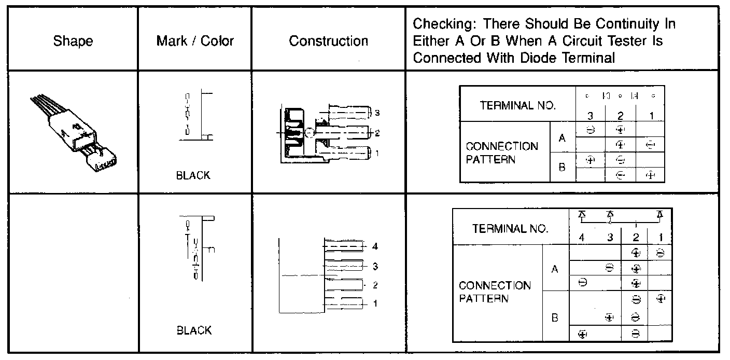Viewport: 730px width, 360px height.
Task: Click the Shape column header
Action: (73, 41)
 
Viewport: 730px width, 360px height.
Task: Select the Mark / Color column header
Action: (195, 41)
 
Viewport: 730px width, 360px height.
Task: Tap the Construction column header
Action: (329, 41)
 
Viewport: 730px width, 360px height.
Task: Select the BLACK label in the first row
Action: (193, 175)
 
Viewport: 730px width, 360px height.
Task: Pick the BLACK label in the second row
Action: (193, 330)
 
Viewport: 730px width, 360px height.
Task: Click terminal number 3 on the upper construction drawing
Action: (377, 113)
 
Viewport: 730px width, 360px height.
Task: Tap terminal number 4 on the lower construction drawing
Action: (375, 246)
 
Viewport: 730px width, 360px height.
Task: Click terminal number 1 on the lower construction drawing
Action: (375, 303)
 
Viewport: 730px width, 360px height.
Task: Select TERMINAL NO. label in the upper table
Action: (518, 106)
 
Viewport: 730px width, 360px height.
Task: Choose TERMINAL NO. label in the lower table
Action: (510, 229)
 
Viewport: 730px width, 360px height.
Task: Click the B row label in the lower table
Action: (555, 318)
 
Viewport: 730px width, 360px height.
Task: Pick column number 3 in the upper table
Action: (591, 116)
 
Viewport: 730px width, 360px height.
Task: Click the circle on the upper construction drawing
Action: (309, 133)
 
